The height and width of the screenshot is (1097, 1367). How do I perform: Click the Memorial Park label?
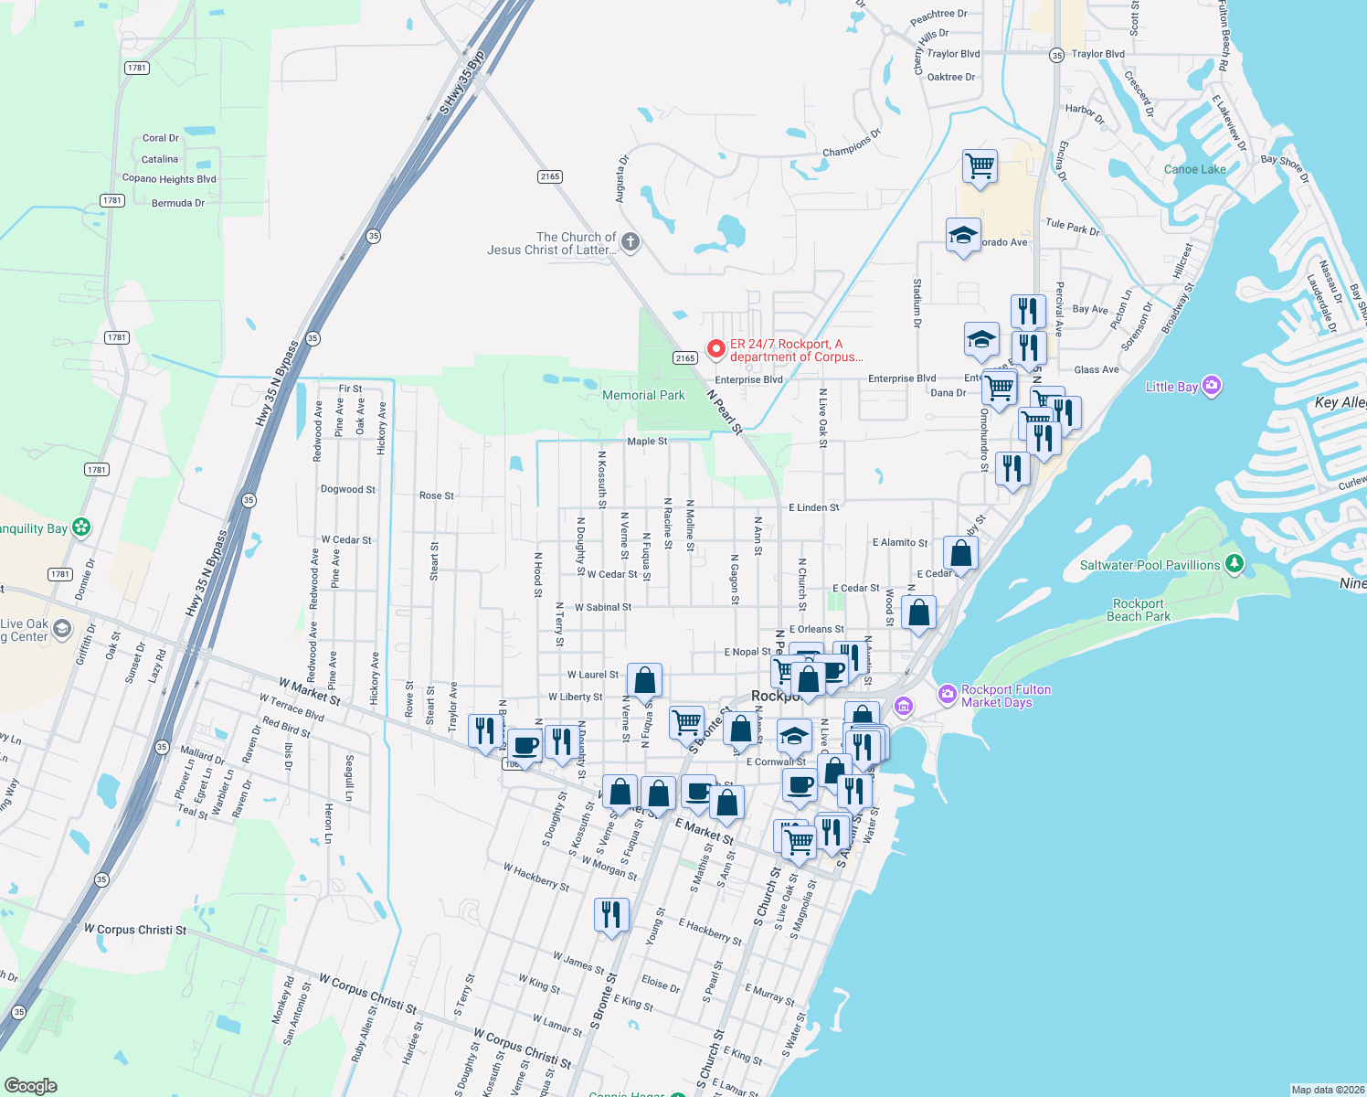pyautogui.click(x=643, y=395)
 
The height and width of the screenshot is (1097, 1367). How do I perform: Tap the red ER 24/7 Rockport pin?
pyautogui.click(x=716, y=349)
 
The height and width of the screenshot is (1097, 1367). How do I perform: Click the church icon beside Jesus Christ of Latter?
pyautogui.click(x=631, y=242)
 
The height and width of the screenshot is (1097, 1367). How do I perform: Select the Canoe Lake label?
pyautogui.click(x=1194, y=169)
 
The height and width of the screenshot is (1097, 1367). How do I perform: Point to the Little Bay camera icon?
pyautogui.click(x=1212, y=386)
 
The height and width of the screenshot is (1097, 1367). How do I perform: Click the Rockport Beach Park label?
pyautogui.click(x=1138, y=610)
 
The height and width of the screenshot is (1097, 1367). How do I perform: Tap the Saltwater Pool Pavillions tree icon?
pyautogui.click(x=1235, y=564)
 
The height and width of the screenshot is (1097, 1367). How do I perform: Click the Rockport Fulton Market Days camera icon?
pyautogui.click(x=948, y=694)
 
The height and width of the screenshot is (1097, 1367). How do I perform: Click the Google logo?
pyautogui.click(x=31, y=1085)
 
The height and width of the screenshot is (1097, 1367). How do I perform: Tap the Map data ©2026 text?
pyautogui.click(x=1326, y=1090)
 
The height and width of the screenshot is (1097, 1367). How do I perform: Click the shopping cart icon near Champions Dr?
pyautogui.click(x=980, y=167)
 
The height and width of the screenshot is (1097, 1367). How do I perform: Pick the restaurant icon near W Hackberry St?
pyautogui.click(x=611, y=914)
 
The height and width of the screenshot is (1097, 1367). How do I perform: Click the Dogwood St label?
pyautogui.click(x=347, y=489)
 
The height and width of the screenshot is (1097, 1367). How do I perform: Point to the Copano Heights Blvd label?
pyautogui.click(x=169, y=179)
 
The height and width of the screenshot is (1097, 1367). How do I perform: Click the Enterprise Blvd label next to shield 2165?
pyautogui.click(x=748, y=379)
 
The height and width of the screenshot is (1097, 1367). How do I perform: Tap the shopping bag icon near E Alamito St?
pyautogui.click(x=960, y=553)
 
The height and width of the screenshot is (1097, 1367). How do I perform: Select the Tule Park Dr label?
pyautogui.click(x=1072, y=227)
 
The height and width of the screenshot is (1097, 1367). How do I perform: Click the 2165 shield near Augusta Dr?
pyautogui.click(x=550, y=176)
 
